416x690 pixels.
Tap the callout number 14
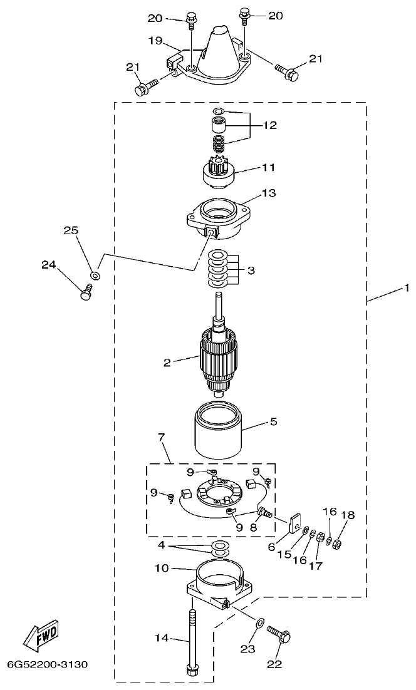pos(162,638)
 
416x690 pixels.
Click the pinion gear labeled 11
pos(219,171)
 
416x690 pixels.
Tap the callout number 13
pos(269,193)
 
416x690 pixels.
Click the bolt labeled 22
pos(279,634)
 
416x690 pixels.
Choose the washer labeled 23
pos(258,624)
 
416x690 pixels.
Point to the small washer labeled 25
pos(95,275)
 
